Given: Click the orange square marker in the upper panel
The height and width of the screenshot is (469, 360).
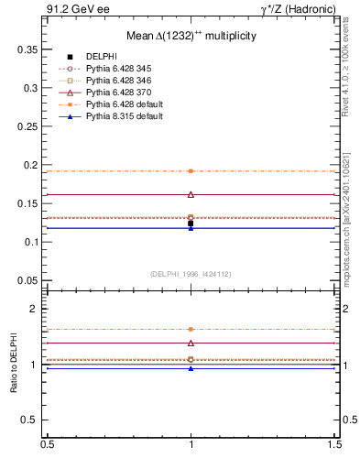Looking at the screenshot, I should pyautogui.click(x=191, y=171).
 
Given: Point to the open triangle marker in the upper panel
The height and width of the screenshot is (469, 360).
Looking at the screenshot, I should pyautogui.click(x=191, y=194).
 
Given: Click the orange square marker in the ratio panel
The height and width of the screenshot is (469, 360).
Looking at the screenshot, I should pyautogui.click(x=191, y=329).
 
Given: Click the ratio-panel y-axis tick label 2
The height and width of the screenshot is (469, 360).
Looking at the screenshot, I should pyautogui.click(x=35, y=309).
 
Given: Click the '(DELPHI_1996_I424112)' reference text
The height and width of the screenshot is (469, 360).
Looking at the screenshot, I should pyautogui.click(x=190, y=273).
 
